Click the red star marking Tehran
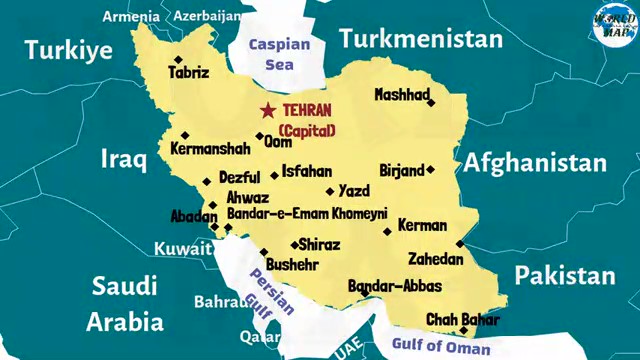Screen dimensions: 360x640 pyautogui.click(x=267, y=111)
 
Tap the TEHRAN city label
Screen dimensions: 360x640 pyautogui.click(x=308, y=111)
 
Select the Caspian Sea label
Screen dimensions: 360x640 pyautogui.click(x=279, y=54)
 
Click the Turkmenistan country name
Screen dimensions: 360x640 pyautogui.click(x=419, y=39)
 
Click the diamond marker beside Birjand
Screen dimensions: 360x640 pyautogui.click(x=431, y=170)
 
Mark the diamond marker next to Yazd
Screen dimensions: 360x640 pyautogui.click(x=329, y=191)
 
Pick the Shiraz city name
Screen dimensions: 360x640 pyautogui.click(x=319, y=245)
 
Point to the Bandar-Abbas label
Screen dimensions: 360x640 pyautogui.click(x=394, y=286)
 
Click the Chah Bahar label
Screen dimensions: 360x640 pyautogui.click(x=463, y=319)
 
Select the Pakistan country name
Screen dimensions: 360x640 pyautogui.click(x=565, y=275)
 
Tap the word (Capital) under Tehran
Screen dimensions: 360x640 pyautogui.click(x=307, y=130)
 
